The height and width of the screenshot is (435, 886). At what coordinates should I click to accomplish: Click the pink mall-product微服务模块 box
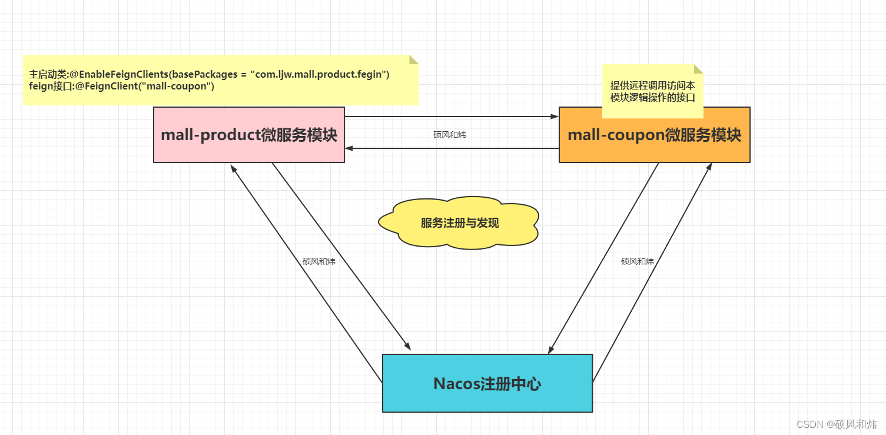[248, 135]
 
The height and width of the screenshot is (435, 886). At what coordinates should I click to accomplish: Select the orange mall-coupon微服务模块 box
[654, 135]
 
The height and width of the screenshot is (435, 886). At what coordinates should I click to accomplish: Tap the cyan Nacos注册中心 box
[487, 383]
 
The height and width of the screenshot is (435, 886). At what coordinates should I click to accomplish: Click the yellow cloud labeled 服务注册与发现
[459, 223]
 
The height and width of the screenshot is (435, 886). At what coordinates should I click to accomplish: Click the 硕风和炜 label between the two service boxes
[449, 135]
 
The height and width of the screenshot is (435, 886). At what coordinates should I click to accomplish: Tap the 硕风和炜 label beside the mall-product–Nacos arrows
[318, 261]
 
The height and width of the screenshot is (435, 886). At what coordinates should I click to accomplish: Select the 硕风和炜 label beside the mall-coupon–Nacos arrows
[637, 261]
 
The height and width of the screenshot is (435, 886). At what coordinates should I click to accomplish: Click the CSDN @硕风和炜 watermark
[836, 424]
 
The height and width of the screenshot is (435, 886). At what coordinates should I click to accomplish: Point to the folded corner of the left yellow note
[414, 59]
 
